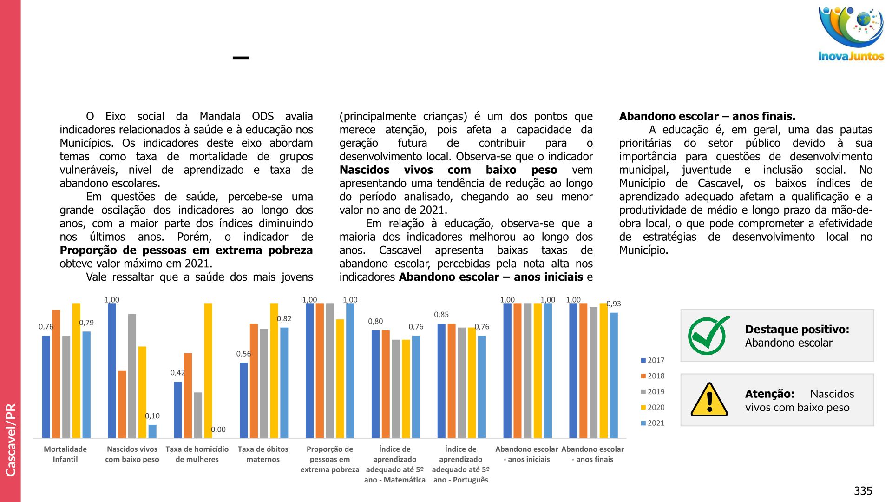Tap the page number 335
(x=863, y=491)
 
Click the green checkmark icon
(x=708, y=336)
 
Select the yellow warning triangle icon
(x=709, y=400)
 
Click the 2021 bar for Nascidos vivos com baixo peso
(x=152, y=431)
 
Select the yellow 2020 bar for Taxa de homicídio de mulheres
(x=208, y=370)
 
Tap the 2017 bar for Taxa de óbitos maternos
(x=243, y=400)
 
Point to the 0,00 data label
(x=218, y=429)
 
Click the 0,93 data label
(x=613, y=304)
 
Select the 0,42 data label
(x=177, y=373)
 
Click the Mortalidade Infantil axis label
(x=65, y=454)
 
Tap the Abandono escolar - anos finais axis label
(x=592, y=454)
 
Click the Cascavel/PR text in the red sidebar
(x=11, y=439)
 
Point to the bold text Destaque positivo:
(x=797, y=329)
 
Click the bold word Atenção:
(x=769, y=394)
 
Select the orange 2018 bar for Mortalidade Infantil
(x=56, y=374)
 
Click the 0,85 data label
(x=441, y=315)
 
